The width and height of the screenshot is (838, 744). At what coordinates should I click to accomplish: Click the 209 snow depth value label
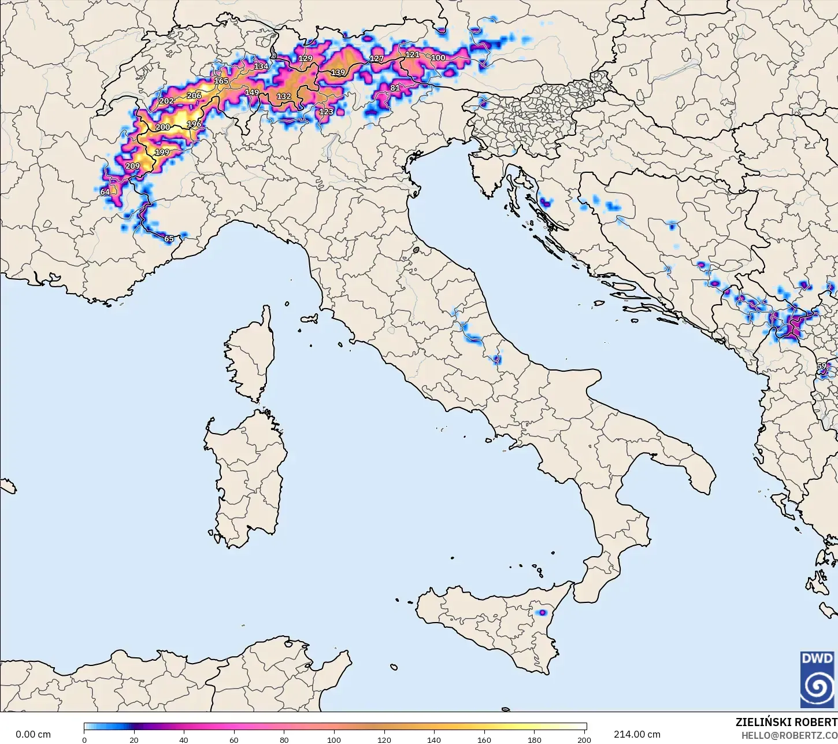pyautogui.click(x=132, y=166)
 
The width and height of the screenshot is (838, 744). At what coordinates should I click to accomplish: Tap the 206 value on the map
pyautogui.click(x=194, y=95)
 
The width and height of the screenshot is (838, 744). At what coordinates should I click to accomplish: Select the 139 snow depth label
pyautogui.click(x=338, y=73)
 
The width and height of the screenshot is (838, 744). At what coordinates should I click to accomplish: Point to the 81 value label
pyautogui.click(x=395, y=88)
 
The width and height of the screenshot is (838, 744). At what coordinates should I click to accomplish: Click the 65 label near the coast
pyautogui.click(x=169, y=239)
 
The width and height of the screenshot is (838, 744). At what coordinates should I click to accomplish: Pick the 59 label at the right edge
pyautogui.click(x=821, y=366)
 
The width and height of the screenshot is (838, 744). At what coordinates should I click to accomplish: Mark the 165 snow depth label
pyautogui.click(x=221, y=81)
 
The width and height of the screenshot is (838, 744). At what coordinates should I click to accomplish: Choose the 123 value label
pyautogui.click(x=326, y=112)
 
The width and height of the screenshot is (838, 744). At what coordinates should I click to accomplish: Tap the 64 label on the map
pyautogui.click(x=105, y=192)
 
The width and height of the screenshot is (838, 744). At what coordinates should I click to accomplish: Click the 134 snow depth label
pyautogui.click(x=261, y=66)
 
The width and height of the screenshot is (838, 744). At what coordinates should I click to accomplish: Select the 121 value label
pyautogui.click(x=412, y=54)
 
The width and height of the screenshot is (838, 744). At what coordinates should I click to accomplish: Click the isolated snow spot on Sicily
pyautogui.click(x=542, y=612)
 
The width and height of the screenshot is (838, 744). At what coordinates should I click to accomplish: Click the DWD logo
pyautogui.click(x=817, y=679)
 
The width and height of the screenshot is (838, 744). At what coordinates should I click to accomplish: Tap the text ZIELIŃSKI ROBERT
pyautogui.click(x=786, y=722)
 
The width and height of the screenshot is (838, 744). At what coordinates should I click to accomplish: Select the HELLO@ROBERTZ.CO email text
pyautogui.click(x=789, y=735)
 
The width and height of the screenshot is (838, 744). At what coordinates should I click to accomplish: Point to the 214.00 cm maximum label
pyautogui.click(x=637, y=734)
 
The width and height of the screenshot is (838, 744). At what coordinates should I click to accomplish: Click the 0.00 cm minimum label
pyautogui.click(x=33, y=734)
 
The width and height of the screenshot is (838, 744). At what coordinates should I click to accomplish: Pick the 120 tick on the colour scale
pyautogui.click(x=384, y=739)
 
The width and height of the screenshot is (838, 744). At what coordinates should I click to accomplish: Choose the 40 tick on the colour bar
pyautogui.click(x=184, y=739)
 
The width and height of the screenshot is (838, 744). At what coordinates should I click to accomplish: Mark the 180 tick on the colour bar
pyautogui.click(x=535, y=739)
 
